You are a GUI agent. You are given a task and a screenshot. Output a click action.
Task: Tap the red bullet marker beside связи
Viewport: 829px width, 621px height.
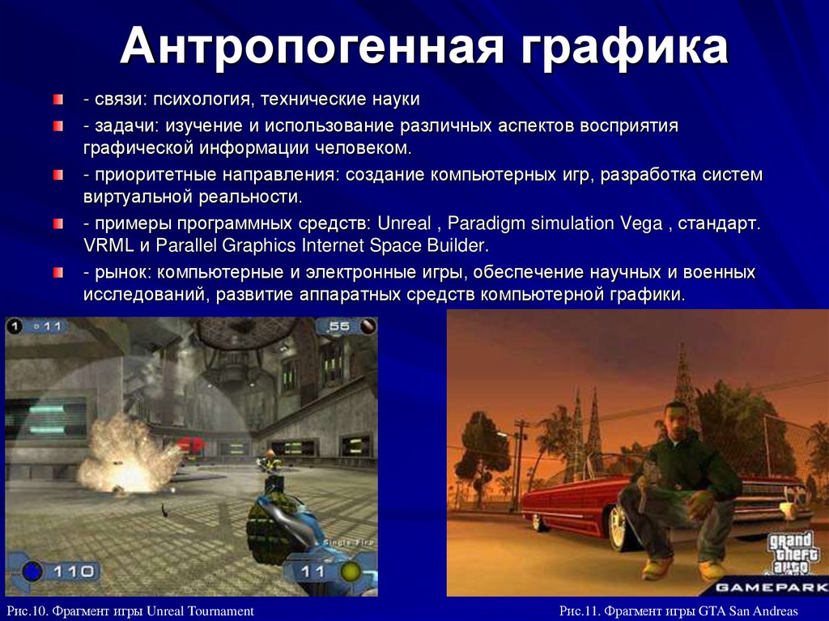(x=58, y=100)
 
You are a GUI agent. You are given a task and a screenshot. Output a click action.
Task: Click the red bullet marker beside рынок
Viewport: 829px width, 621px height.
(x=58, y=273)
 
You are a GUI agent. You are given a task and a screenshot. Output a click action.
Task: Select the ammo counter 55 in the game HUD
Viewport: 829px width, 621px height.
(x=339, y=326)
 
